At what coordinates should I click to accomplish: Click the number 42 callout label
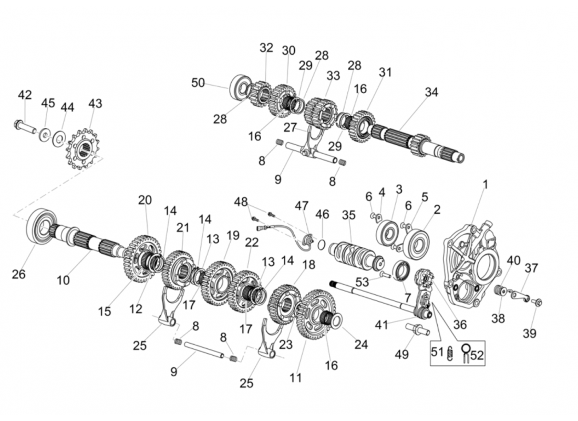tap(25, 95)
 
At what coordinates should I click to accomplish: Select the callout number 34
tap(431, 92)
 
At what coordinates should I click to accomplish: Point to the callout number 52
tap(476, 355)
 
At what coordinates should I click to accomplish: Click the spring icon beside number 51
tap(450, 354)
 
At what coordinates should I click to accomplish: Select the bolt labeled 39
tap(537, 303)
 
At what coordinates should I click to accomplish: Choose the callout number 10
tap(63, 280)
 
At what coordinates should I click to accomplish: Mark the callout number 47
tap(301, 206)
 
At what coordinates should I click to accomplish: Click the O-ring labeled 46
tap(322, 245)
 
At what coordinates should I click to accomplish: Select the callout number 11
tap(296, 377)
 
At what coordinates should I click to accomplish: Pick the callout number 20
tap(145, 200)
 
